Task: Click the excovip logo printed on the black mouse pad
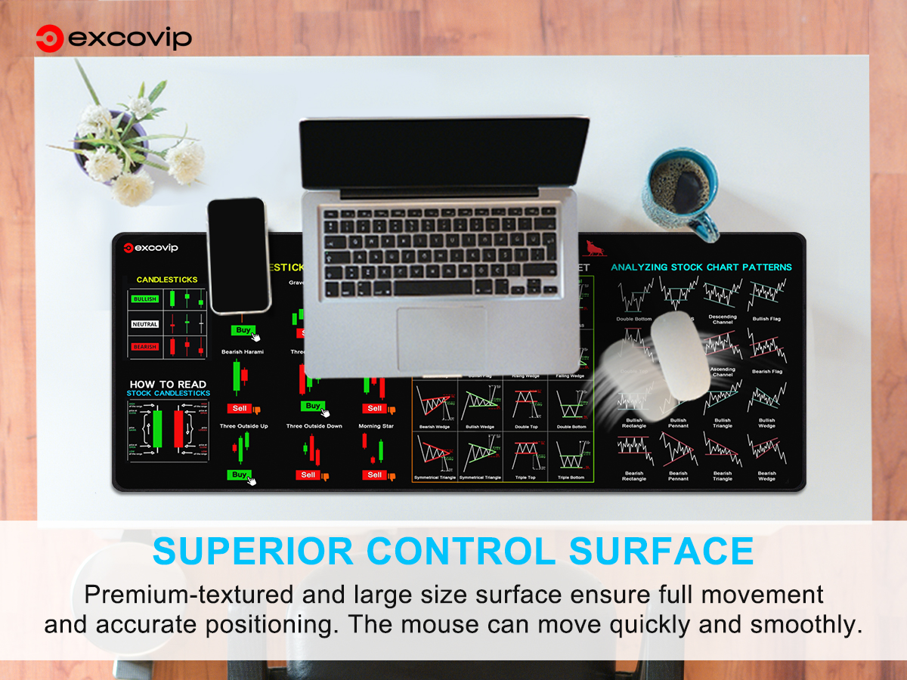[151, 248]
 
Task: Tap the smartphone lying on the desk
[238, 255]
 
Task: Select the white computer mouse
[680, 355]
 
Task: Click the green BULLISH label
[144, 299]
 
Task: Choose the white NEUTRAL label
[144, 324]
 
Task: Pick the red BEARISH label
[144, 347]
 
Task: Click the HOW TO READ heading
[168, 385]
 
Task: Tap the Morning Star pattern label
[376, 426]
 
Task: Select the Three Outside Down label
[314, 426]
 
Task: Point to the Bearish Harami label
[243, 352]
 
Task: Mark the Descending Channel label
[723, 320]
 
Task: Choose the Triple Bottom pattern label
[571, 478]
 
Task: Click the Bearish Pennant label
[678, 476]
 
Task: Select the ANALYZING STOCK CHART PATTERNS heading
[701, 267]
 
